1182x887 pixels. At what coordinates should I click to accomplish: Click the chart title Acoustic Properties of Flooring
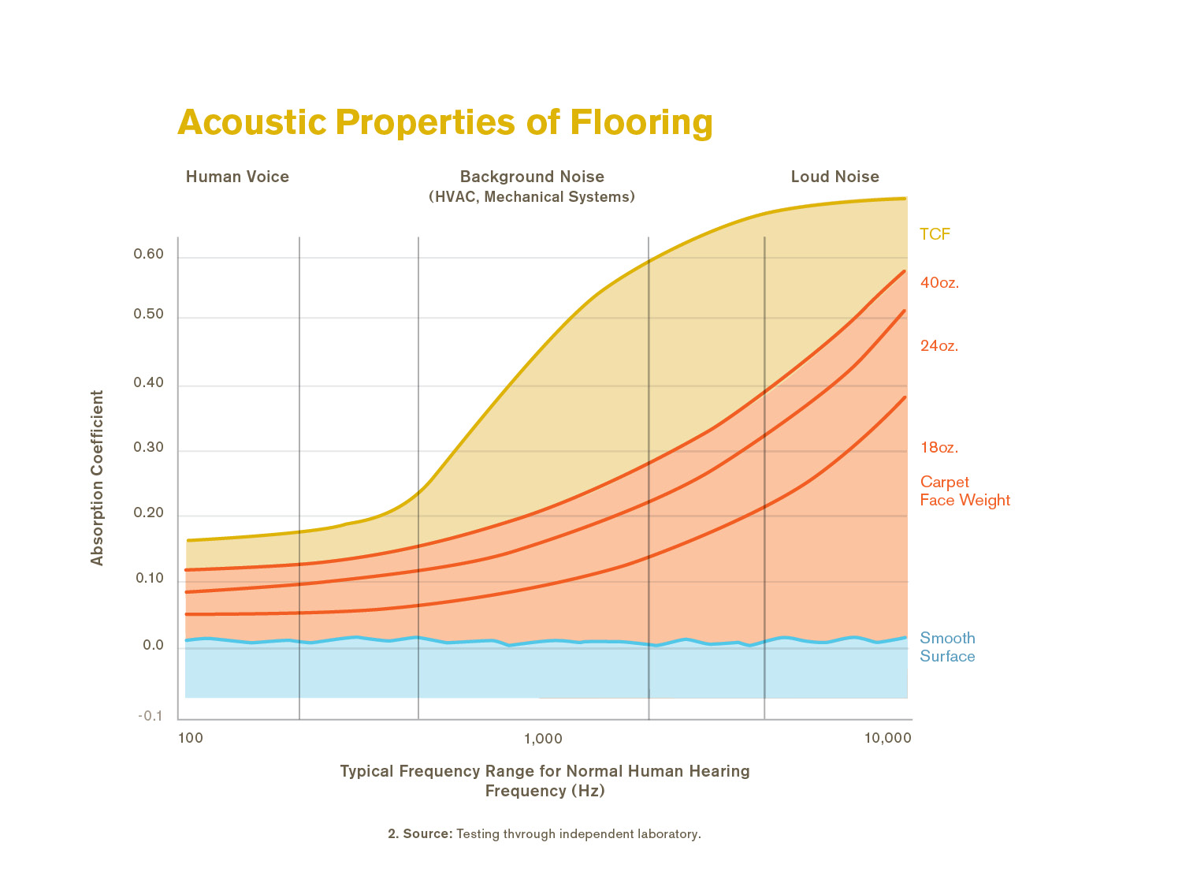point(445,122)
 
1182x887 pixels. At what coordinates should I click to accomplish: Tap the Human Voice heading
point(237,177)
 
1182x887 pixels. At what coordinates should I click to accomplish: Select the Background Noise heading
point(532,177)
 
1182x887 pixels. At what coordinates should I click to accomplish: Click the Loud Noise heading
point(834,177)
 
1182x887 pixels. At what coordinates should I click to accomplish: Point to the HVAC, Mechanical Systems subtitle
point(532,196)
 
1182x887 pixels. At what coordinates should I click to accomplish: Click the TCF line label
point(935,234)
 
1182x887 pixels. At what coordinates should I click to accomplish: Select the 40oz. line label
point(939,283)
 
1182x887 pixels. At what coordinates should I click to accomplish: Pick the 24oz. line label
point(939,346)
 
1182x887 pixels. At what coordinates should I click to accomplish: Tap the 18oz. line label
point(939,448)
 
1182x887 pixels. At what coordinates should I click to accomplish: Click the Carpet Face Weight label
point(965,491)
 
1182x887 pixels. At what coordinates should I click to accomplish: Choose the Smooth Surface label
point(947,647)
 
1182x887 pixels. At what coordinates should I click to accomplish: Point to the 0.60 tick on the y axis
point(149,254)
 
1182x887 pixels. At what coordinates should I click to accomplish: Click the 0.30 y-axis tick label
point(149,448)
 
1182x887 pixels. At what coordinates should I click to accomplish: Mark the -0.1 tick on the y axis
point(151,716)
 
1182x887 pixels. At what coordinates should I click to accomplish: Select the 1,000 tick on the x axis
point(543,739)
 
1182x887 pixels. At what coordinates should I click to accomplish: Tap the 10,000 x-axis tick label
point(887,739)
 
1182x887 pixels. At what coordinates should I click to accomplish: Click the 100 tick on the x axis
point(191,739)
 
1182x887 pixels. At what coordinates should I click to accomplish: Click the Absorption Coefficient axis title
point(98,478)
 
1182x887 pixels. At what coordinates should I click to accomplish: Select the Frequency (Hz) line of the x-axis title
point(545,791)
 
